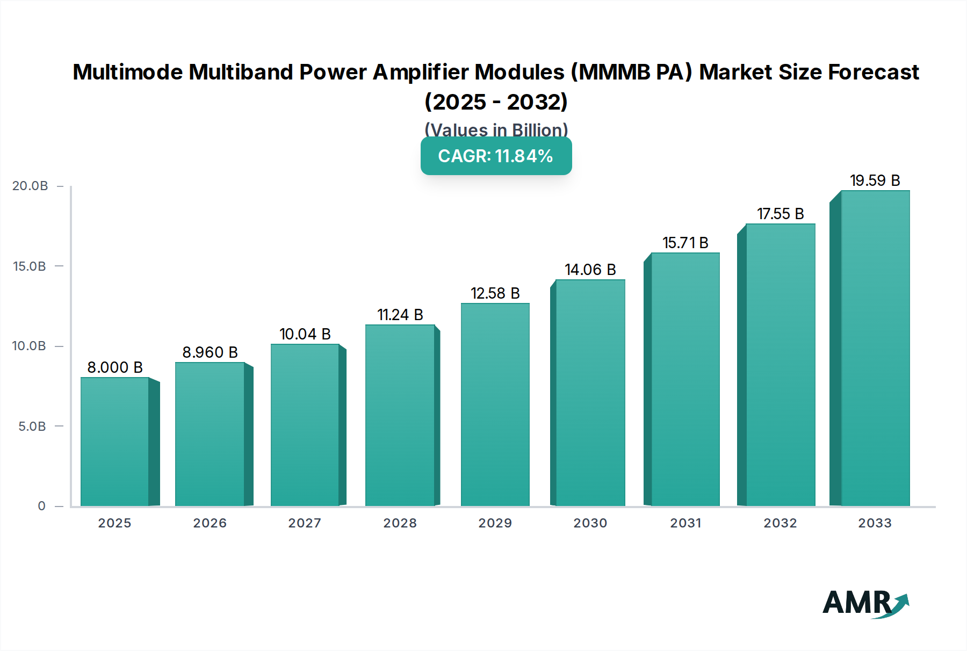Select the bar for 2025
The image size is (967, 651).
tap(114, 442)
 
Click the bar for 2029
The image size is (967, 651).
tap(495, 404)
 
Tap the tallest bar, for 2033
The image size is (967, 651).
tap(875, 348)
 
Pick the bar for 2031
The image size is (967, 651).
tap(685, 379)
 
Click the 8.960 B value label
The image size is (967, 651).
tap(210, 352)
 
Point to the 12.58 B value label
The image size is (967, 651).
tap(495, 293)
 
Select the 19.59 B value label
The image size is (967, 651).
tap(875, 180)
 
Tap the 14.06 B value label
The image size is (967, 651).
tap(590, 270)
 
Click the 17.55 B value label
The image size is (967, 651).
tap(780, 214)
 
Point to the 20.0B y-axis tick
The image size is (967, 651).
tap(30, 186)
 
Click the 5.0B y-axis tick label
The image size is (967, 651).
tap(32, 426)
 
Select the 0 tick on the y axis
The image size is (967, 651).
tap(41, 506)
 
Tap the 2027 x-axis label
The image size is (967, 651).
tap(305, 523)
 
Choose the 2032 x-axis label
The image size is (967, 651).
tap(780, 523)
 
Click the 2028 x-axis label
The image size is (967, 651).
tap(400, 523)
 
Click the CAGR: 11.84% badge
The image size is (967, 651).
tap(496, 156)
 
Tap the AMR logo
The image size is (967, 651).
tap(865, 603)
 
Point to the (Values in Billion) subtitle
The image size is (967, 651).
tap(496, 129)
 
